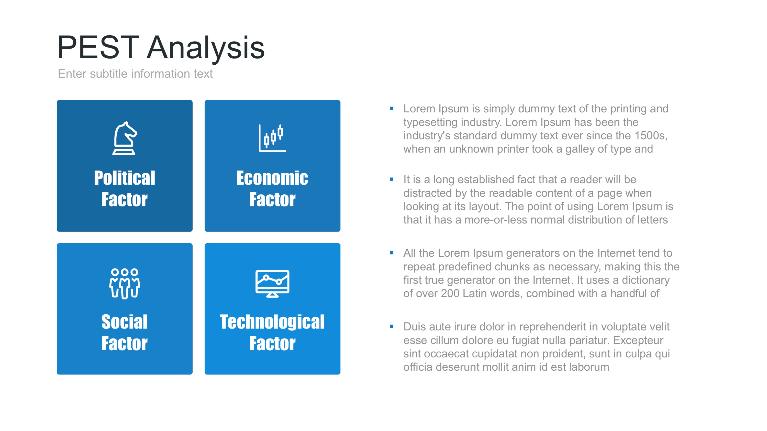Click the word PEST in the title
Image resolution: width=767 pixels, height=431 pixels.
point(98,48)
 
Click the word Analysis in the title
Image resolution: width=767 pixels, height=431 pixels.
point(205,48)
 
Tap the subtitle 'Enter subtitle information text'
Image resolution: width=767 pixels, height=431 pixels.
point(135,74)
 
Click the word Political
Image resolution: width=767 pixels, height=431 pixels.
point(125,178)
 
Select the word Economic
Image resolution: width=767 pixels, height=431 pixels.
point(272,178)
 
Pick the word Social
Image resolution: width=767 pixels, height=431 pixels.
point(125,322)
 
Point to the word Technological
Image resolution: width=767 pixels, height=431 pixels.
point(272,322)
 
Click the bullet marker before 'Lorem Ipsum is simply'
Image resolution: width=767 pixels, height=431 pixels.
point(392,109)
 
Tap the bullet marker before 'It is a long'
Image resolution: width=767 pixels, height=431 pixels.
point(392,179)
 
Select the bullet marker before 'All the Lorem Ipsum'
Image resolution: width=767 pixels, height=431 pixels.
point(392,253)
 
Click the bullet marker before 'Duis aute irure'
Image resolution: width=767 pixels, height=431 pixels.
point(392,327)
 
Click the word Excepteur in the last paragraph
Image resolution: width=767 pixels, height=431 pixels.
point(638,340)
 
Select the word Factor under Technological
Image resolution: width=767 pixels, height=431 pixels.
point(272,344)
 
